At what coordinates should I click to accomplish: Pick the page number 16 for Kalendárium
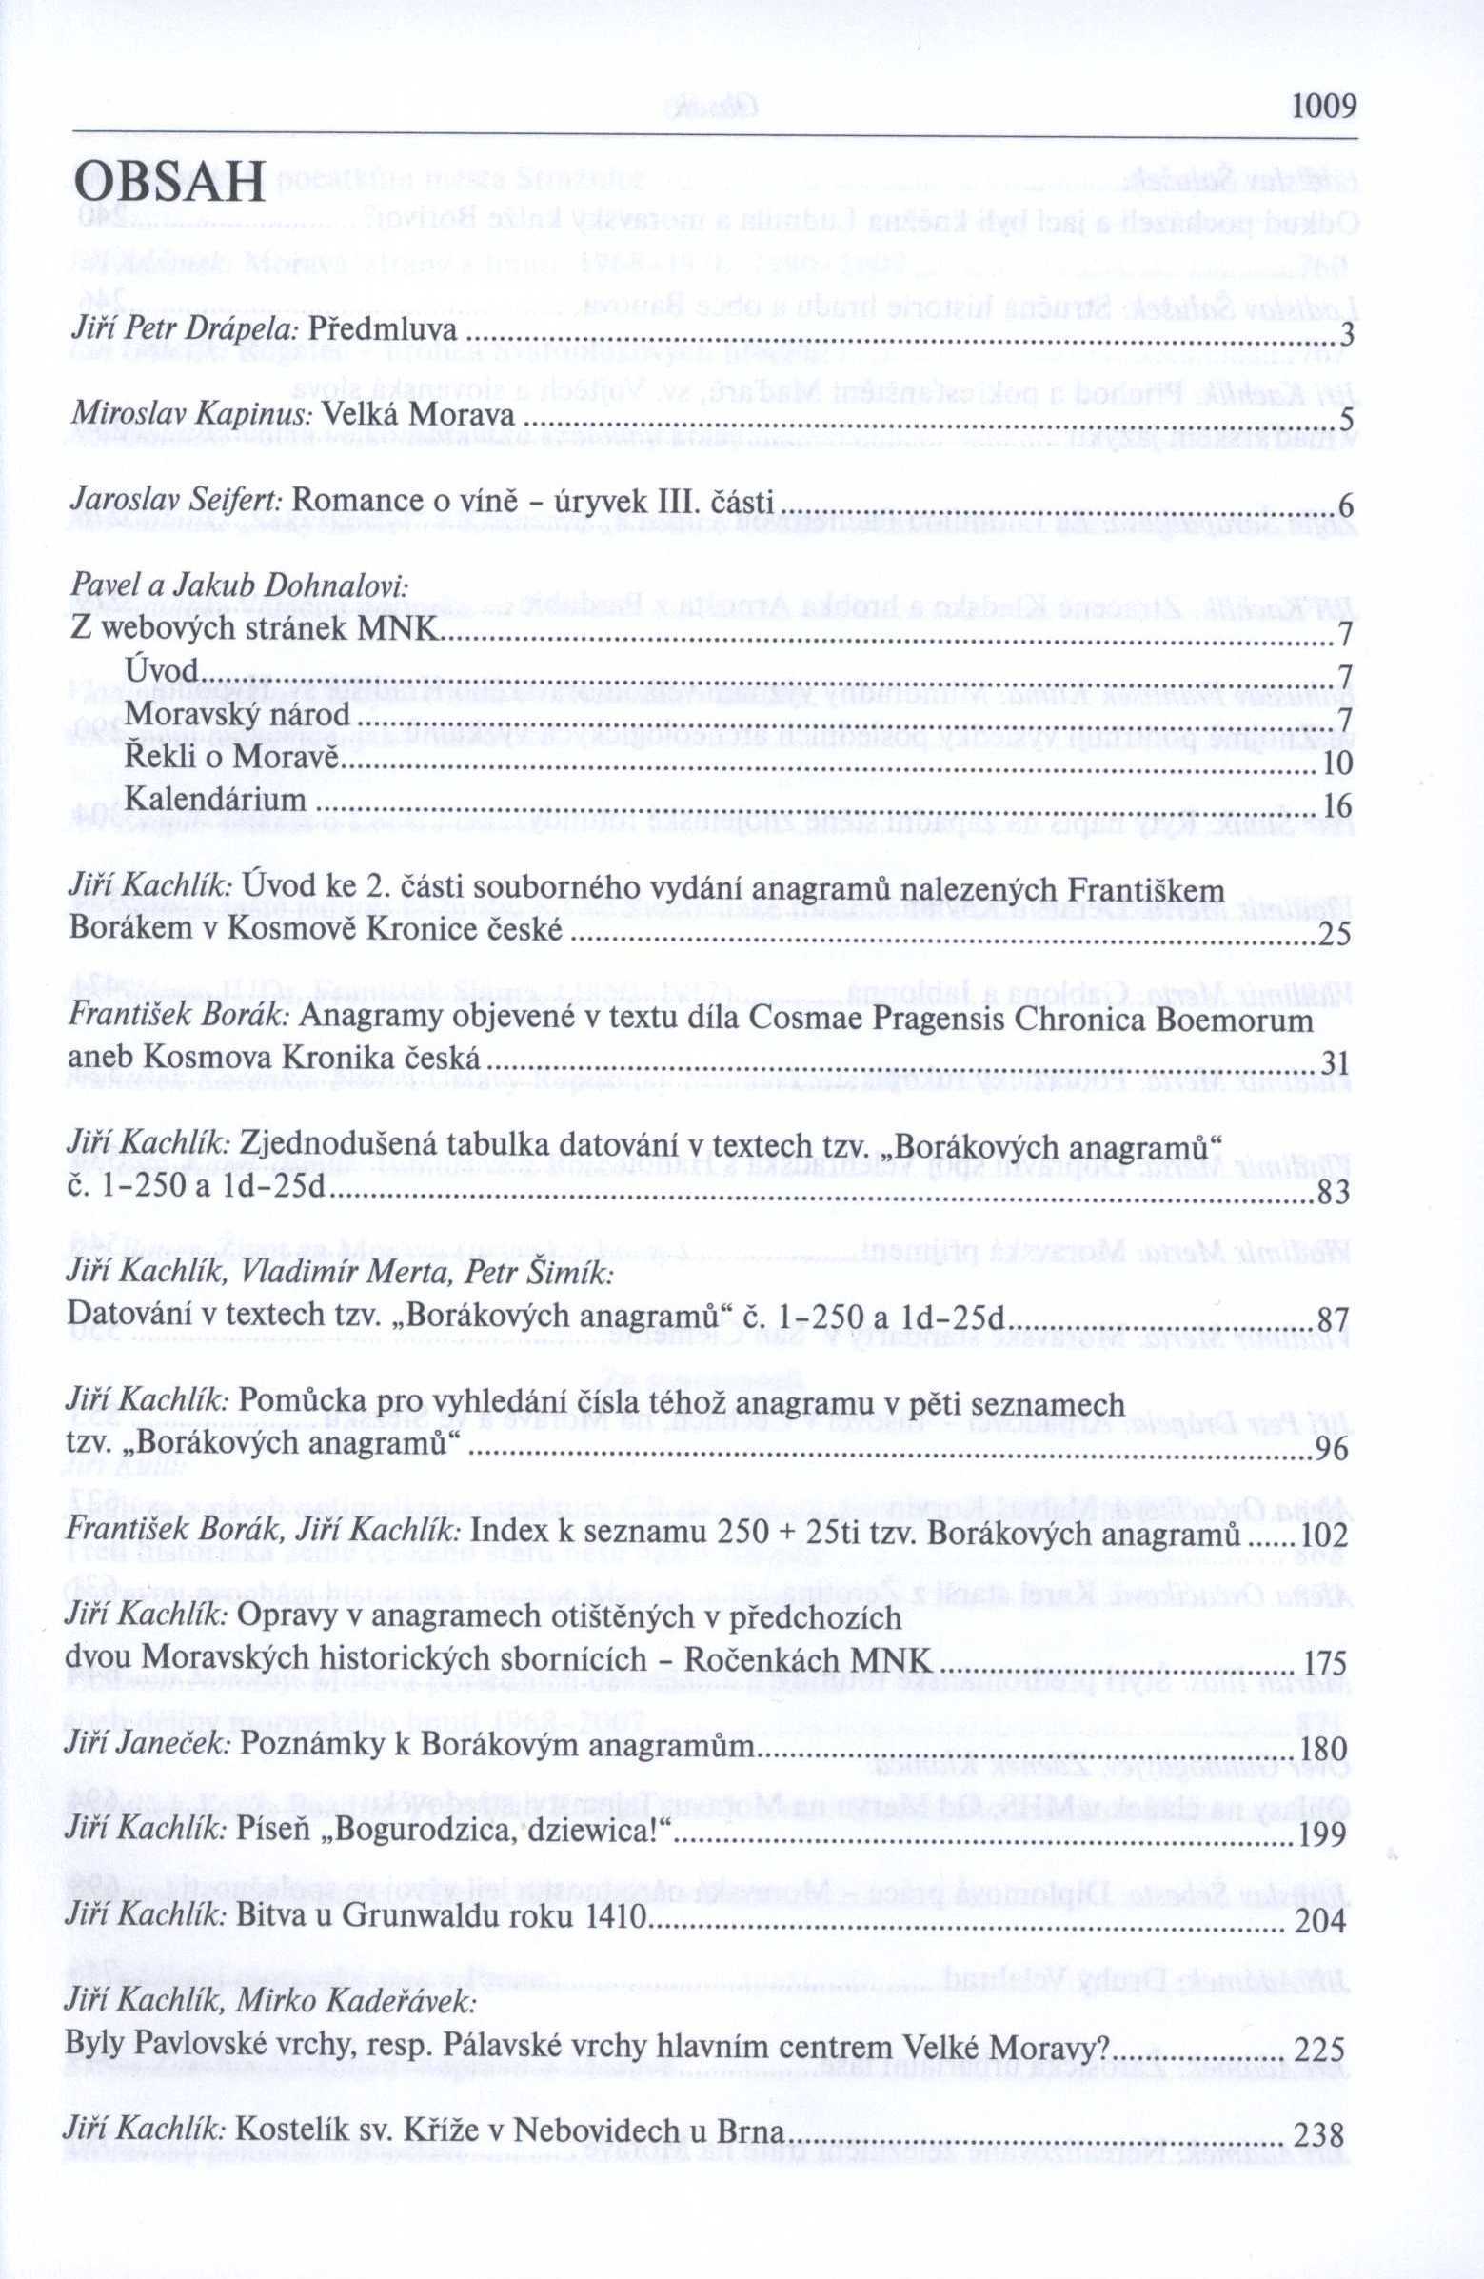(x=1336, y=806)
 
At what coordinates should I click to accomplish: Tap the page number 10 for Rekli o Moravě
(x=1336, y=764)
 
